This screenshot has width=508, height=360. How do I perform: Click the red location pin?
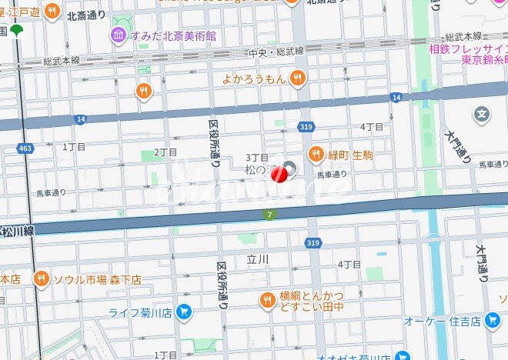pos(282,175)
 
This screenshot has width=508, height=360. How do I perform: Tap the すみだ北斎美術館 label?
pos(174,35)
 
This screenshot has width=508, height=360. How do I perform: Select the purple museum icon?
pos(118,35)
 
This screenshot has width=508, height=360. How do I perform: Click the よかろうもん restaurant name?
pos(253,77)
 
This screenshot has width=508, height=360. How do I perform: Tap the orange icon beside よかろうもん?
pos(298,77)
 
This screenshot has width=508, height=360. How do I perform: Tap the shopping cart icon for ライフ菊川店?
pos(183,312)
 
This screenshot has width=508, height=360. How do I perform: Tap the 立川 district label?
pos(258,260)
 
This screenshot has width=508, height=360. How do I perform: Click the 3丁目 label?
pos(256,158)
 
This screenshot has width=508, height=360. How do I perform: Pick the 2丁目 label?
pos(165,152)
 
